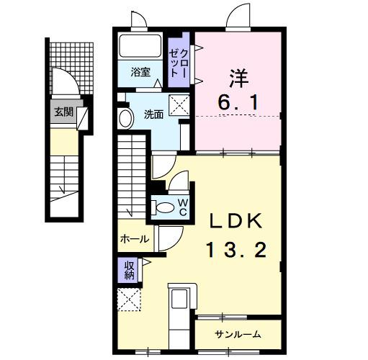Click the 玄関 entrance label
(x=63, y=112)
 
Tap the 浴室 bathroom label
(x=140, y=72)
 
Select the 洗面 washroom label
(x=152, y=113)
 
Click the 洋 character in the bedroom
(x=238, y=76)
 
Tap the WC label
(x=183, y=207)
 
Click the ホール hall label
(x=135, y=238)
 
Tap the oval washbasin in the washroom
(x=125, y=118)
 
